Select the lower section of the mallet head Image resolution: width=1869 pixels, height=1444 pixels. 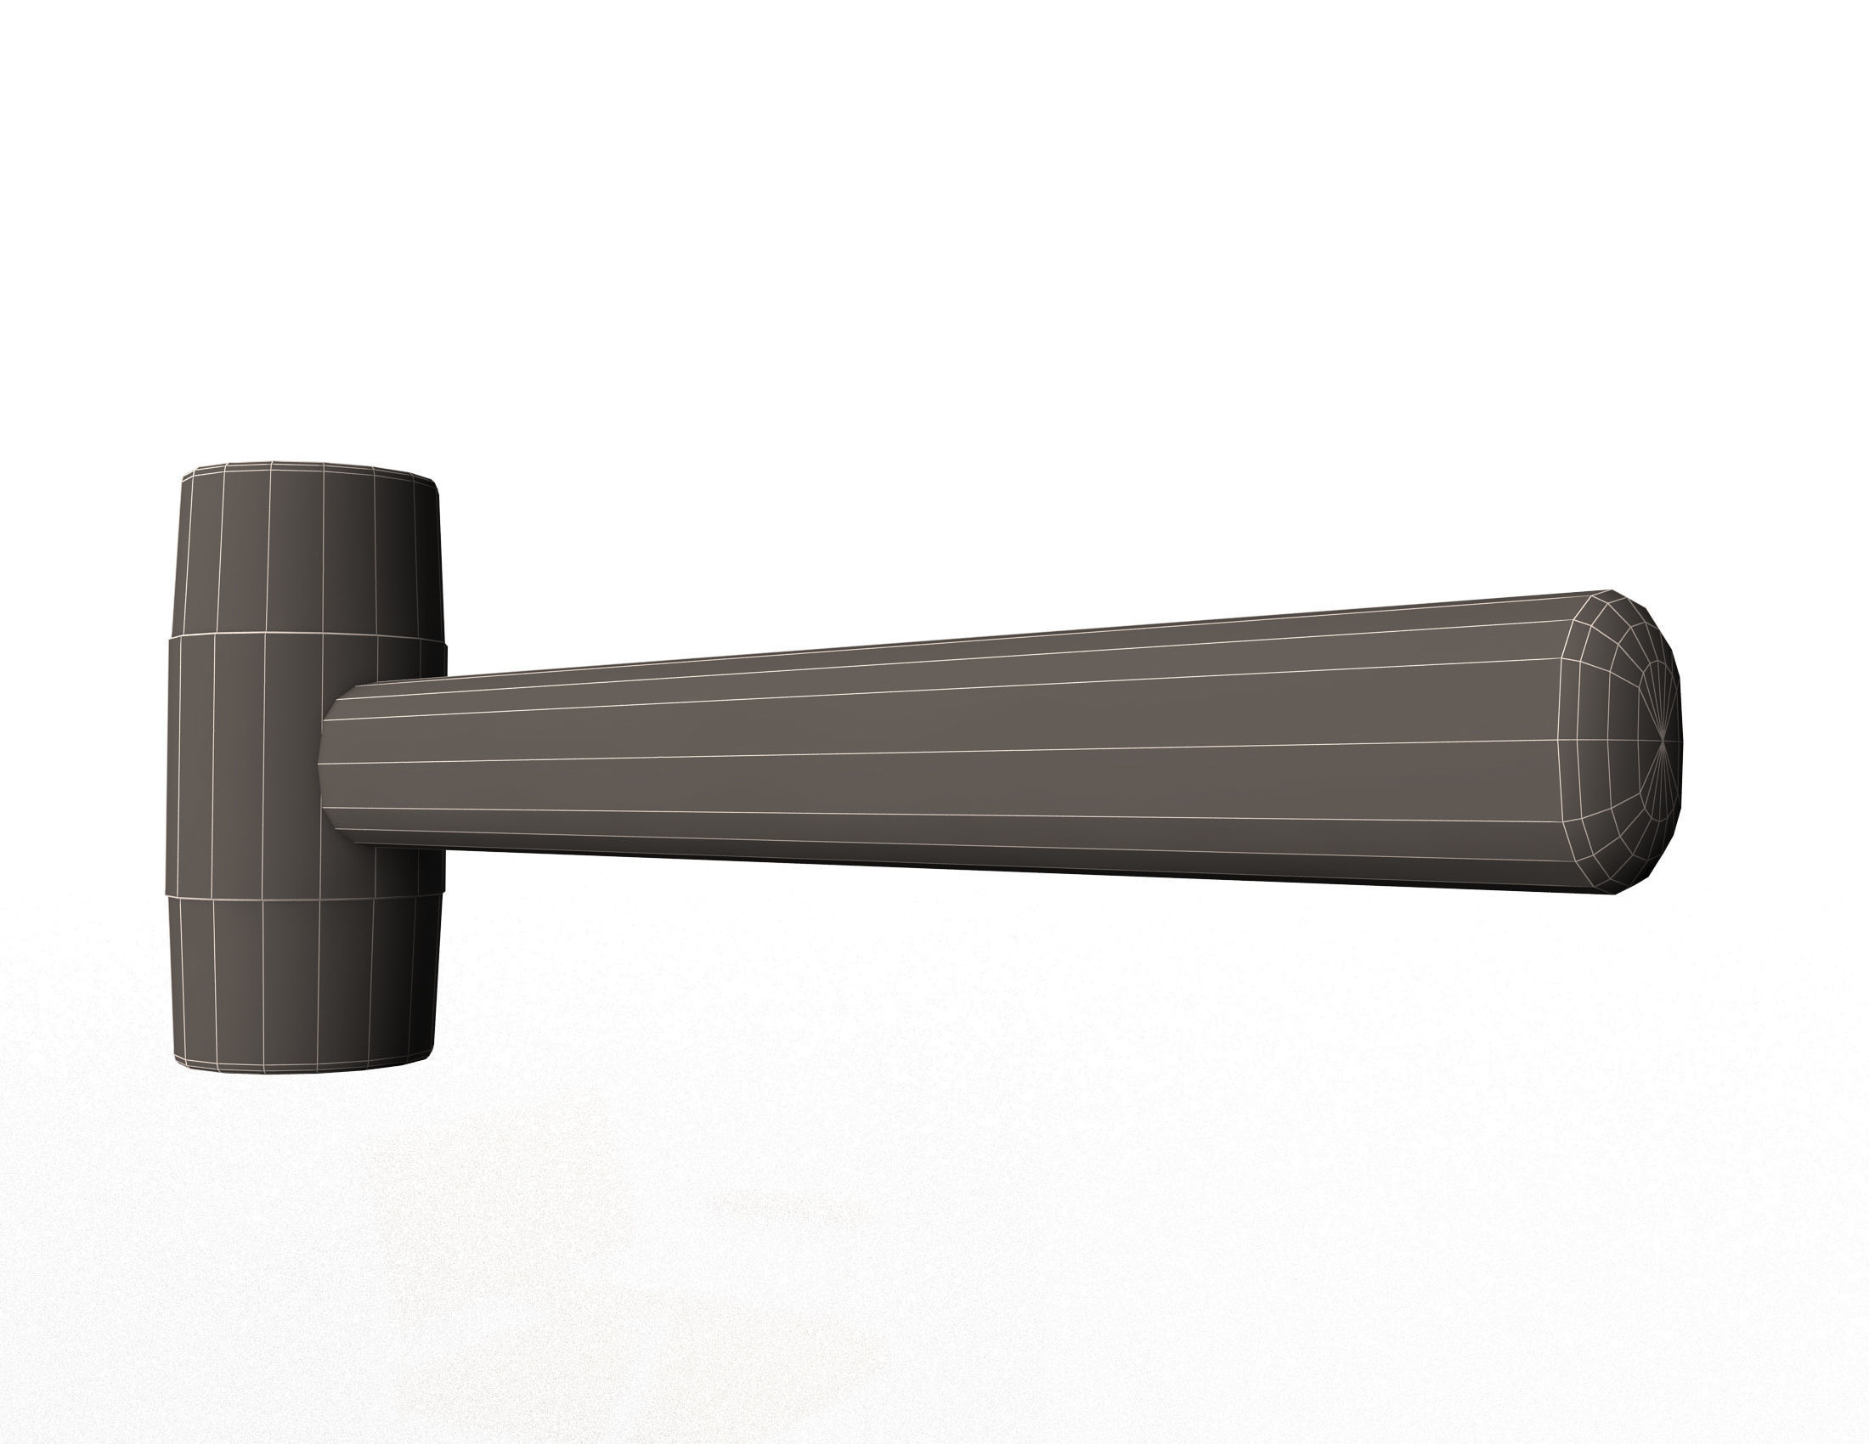pyautogui.click(x=300, y=979)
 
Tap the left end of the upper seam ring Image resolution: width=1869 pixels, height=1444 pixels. pyautogui.click(x=169, y=637)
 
